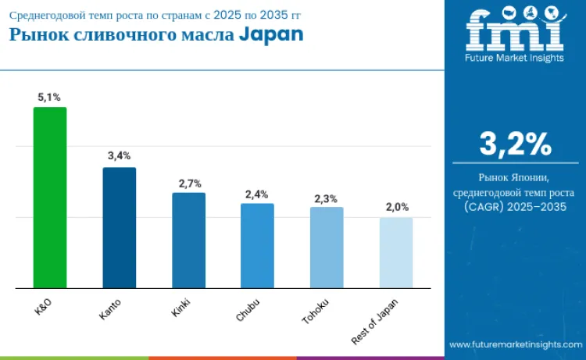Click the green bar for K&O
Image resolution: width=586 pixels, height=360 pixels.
[x=49, y=198]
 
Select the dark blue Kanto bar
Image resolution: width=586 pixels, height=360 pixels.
[x=119, y=227]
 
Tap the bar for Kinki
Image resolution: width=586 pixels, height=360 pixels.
[x=188, y=240]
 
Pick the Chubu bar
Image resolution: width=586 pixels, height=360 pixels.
[x=257, y=245]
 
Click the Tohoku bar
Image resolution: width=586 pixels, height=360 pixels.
[x=327, y=247]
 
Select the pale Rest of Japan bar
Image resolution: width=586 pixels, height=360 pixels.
[x=396, y=252]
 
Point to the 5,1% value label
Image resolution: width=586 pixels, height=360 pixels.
[x=49, y=97]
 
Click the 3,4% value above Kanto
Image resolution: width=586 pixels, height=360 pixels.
[x=119, y=156]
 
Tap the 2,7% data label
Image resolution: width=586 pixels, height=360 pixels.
[x=190, y=183]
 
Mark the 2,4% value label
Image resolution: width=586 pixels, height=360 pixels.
[x=257, y=194]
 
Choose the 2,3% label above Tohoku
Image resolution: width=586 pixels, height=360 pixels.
[x=327, y=198]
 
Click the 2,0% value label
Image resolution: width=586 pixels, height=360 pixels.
[x=396, y=208]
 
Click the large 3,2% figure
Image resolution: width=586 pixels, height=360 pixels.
[x=515, y=145]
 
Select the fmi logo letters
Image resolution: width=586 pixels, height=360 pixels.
[x=515, y=32]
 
